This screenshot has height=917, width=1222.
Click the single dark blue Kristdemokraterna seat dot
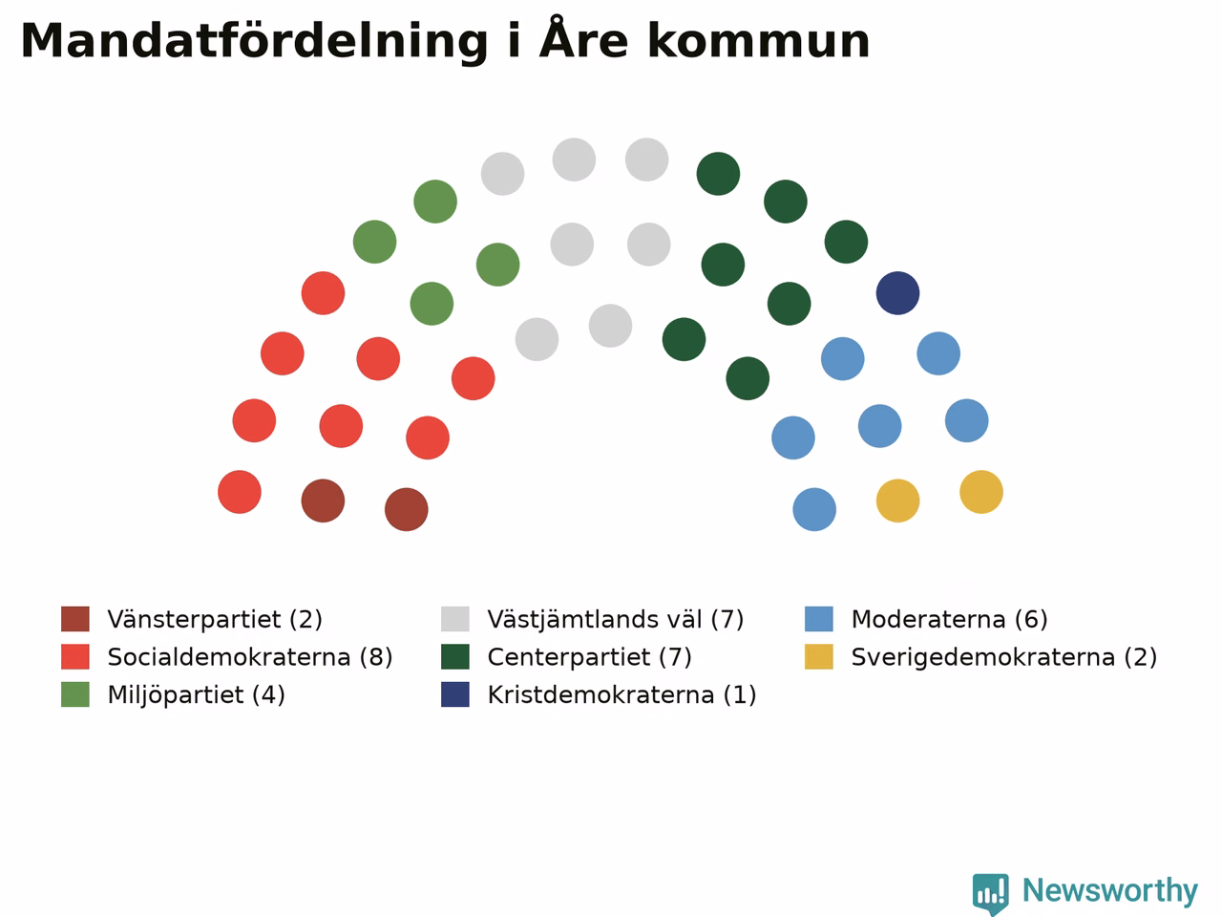tap(897, 293)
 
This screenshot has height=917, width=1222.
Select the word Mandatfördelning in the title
tap(254, 42)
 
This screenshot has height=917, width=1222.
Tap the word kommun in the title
tap(758, 41)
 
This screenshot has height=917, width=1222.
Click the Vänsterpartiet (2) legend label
tap(215, 619)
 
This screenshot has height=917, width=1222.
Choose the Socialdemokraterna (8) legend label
tap(250, 657)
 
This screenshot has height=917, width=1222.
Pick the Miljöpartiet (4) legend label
tap(196, 694)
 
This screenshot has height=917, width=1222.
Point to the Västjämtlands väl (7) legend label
tap(615, 619)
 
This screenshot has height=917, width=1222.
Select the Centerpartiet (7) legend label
tap(590, 657)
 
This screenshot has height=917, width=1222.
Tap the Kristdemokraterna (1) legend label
tap(622, 694)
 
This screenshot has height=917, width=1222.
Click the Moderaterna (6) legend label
tap(949, 619)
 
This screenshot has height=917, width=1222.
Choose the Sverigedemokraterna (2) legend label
tap(1004, 657)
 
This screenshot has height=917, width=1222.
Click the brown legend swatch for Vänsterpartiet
tap(75, 619)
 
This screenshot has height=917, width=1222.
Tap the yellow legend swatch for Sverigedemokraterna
tap(819, 657)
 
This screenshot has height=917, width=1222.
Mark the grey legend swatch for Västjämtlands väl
tap(454, 619)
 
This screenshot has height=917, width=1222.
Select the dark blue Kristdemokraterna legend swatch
tap(454, 694)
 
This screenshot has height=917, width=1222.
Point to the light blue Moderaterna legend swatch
tap(819, 619)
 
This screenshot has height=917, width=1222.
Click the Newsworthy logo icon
tap(990, 893)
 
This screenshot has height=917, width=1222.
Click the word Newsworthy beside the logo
tap(1110, 891)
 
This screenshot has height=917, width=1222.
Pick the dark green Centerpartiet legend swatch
tap(454, 657)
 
